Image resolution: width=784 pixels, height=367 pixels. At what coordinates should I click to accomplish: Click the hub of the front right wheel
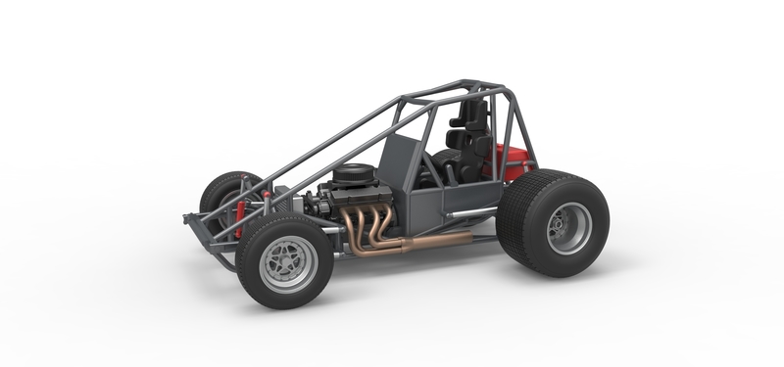[x=288, y=262]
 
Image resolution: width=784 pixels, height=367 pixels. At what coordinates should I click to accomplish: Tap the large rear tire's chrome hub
[x=569, y=228]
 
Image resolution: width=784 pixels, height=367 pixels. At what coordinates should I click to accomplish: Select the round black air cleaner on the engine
[x=352, y=177]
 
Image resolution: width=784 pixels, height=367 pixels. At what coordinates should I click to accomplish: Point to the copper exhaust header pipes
[x=368, y=226]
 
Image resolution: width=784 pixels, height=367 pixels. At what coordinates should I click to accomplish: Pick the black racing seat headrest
[x=474, y=114]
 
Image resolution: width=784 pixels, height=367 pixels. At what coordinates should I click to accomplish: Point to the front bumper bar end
[x=188, y=218]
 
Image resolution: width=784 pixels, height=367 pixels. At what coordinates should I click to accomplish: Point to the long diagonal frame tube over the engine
[x=323, y=147]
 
